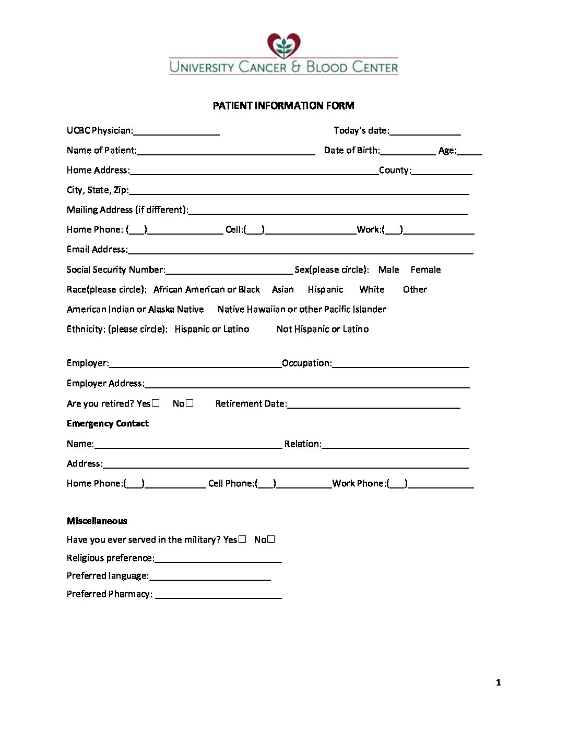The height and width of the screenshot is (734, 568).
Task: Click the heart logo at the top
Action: pyautogui.click(x=283, y=46)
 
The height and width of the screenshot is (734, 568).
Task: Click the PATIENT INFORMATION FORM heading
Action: pyautogui.click(x=283, y=106)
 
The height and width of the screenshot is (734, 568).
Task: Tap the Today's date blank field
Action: pyautogui.click(x=425, y=131)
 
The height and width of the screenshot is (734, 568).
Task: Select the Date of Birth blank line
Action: pyautogui.click(x=408, y=151)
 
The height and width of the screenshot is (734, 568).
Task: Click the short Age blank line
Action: pyautogui.click(x=470, y=151)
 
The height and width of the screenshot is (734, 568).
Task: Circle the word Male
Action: pyautogui.click(x=388, y=270)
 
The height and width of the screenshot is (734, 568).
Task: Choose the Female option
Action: pyautogui.click(x=425, y=270)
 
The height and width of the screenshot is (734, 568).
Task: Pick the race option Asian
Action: pyautogui.click(x=283, y=289)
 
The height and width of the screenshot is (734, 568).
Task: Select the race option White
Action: pyautogui.click(x=372, y=289)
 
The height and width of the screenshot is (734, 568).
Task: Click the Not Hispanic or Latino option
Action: pyautogui.click(x=323, y=329)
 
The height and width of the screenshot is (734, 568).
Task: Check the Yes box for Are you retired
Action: pyautogui.click(x=156, y=403)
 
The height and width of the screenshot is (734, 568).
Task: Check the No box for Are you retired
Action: pyautogui.click(x=190, y=403)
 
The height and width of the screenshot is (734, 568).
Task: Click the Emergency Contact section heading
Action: pyautogui.click(x=108, y=423)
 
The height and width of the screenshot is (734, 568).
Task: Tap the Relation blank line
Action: pyautogui.click(x=395, y=445)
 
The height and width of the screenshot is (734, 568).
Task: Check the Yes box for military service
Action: pyautogui.click(x=242, y=540)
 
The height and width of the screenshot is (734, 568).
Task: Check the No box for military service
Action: pyautogui.click(x=271, y=540)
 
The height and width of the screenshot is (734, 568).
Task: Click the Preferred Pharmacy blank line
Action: pyautogui.click(x=219, y=595)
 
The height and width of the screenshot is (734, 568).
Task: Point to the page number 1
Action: pyautogui.click(x=498, y=682)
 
